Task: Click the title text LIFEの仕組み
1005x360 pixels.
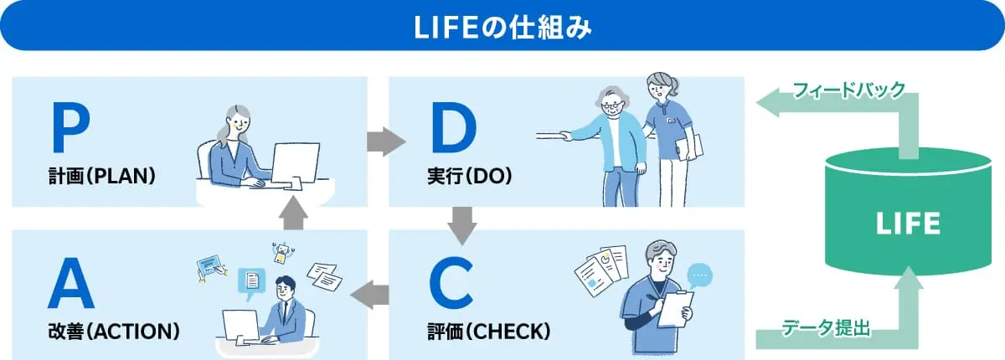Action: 502,27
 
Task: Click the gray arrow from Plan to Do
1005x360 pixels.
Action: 384,141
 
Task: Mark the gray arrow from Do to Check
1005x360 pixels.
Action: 462,222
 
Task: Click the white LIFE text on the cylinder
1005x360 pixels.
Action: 908,224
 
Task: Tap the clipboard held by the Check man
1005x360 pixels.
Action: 674,309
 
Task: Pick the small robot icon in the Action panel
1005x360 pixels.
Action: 282,252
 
